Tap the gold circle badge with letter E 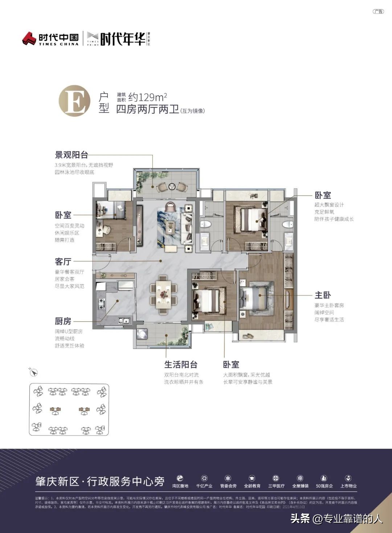point(75,101)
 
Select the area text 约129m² point(147,97)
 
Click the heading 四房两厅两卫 point(147,109)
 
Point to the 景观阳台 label point(72,155)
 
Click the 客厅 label point(63,261)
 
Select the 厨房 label point(63,321)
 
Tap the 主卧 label point(323,295)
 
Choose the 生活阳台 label point(181,364)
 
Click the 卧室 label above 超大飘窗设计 point(323,195)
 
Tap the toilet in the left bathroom point(205,224)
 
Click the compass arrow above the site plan point(33,372)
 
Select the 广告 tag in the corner point(378,11)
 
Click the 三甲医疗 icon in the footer point(276,478)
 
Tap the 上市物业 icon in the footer point(348,478)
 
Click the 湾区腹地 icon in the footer point(180,478)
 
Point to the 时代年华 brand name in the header point(123,39)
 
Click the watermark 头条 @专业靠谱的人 point(336,518)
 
